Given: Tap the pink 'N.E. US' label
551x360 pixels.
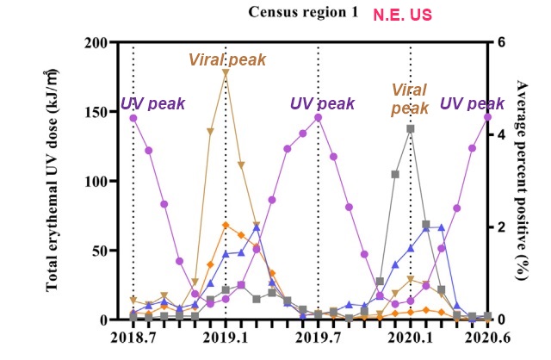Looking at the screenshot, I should coord(404,15).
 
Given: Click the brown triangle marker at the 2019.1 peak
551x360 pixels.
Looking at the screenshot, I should coord(226,74).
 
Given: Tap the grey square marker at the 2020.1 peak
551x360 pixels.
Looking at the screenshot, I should coord(411,129).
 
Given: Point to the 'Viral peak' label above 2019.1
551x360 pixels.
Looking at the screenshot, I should coord(222,59).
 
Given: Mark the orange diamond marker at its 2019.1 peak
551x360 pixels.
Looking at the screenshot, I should coord(226,226).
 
